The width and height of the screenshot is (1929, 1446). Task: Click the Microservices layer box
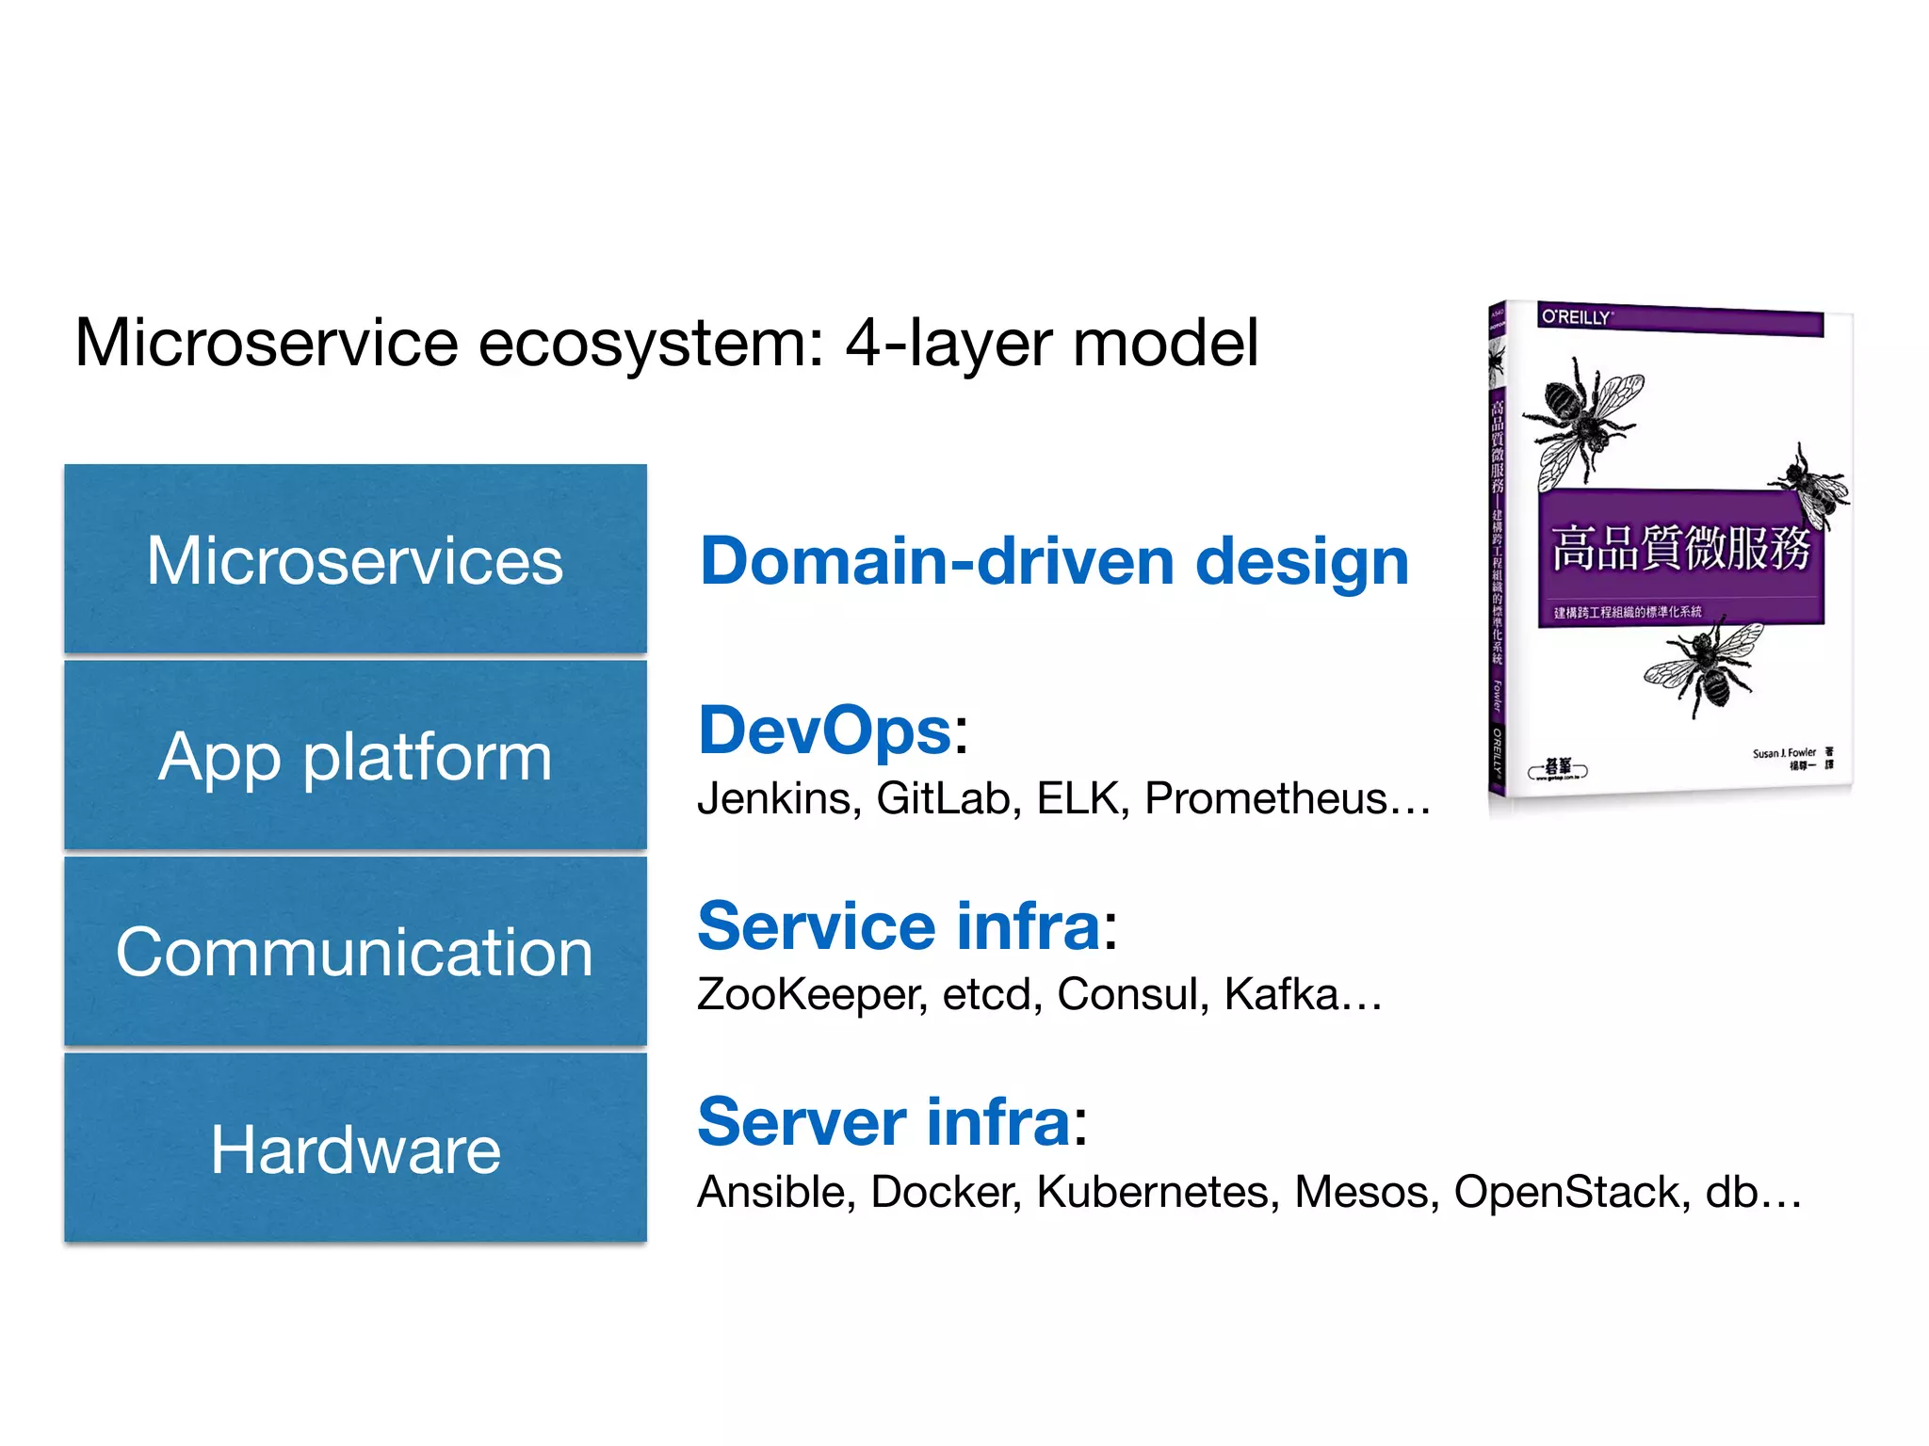(355, 559)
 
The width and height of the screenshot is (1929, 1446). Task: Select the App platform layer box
(355, 755)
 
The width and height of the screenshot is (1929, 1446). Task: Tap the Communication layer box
(355, 951)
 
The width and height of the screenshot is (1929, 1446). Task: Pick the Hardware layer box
(355, 1148)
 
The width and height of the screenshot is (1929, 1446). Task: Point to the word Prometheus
(1266, 798)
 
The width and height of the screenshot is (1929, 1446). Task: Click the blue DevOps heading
(825, 731)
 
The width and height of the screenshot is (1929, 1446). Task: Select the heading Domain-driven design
(1054, 561)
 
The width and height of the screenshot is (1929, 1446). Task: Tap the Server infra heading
(883, 1122)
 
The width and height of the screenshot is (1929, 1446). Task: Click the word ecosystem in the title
(650, 343)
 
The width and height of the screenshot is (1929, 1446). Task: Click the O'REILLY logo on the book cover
(1576, 317)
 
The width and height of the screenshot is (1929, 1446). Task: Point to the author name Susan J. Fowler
(1783, 753)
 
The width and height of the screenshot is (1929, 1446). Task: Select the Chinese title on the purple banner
(1680, 548)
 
